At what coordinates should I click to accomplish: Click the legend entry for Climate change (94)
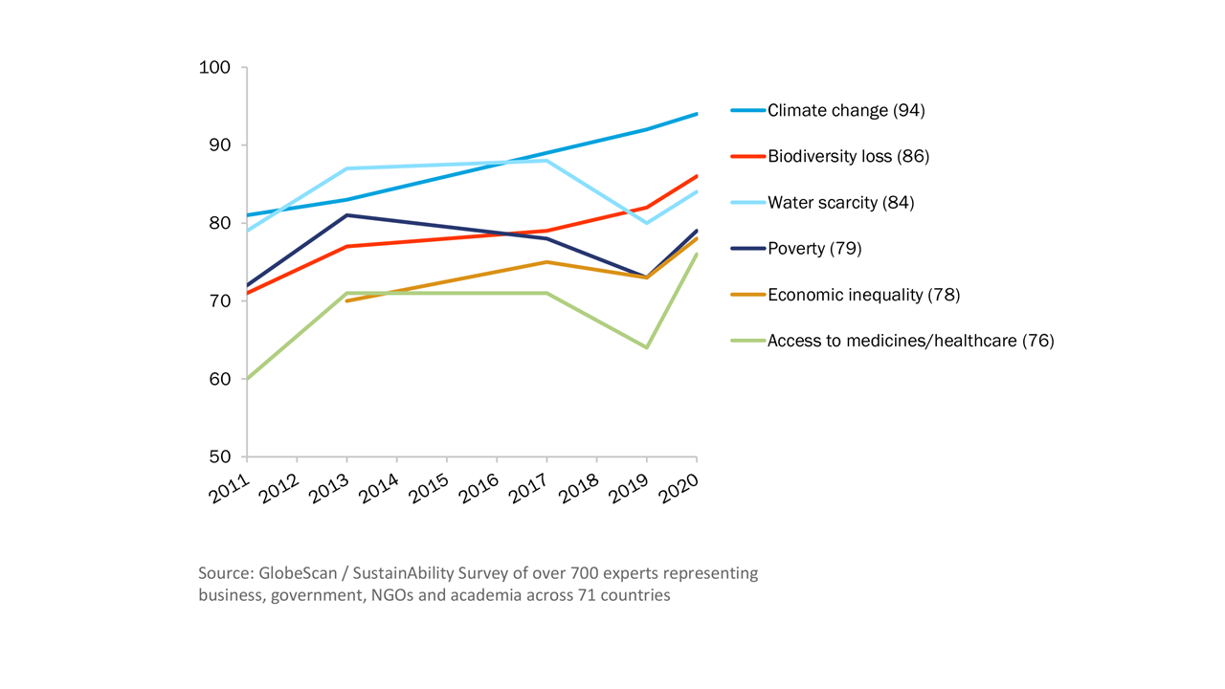pos(846,111)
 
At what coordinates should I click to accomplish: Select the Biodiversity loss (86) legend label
pos(848,156)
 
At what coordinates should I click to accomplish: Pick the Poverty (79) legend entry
pos(814,249)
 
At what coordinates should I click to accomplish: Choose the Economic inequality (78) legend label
pos(863,295)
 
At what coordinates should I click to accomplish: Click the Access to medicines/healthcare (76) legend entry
pos(910,341)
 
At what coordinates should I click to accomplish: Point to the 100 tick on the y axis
pos(215,68)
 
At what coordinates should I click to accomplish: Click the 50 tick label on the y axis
pos(220,456)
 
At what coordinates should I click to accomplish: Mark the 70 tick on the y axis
pos(220,301)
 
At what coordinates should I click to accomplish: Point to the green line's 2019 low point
pos(647,347)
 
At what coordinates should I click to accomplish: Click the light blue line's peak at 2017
pos(546,161)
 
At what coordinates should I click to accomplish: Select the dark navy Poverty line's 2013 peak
pos(347,214)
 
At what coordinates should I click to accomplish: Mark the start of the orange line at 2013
pos(347,300)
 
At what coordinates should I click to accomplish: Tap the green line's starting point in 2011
pos(248,379)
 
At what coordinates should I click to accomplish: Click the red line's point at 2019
pos(647,208)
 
